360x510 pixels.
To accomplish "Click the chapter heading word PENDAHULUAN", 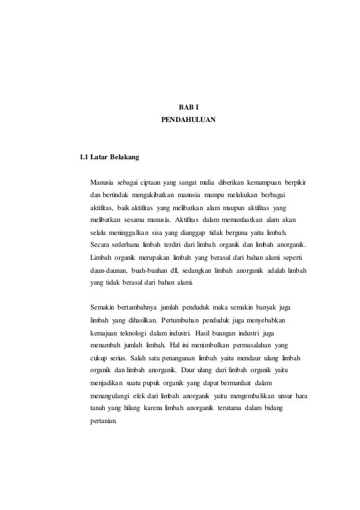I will (188, 120).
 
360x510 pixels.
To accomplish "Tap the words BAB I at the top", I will (188, 107).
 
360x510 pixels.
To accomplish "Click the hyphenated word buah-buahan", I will (150, 270).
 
